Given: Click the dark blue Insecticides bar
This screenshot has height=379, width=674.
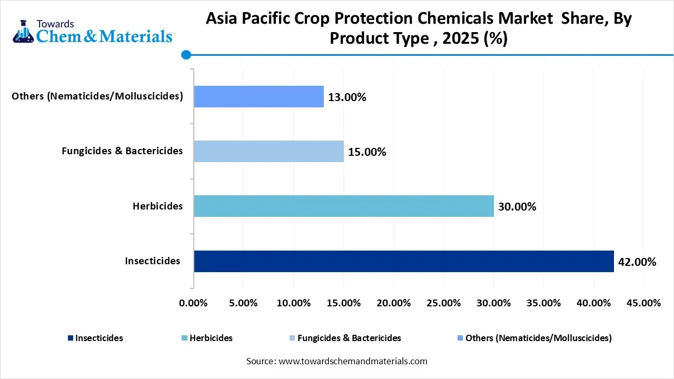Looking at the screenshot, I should point(403,261).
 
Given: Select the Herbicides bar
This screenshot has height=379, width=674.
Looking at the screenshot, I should point(343,206).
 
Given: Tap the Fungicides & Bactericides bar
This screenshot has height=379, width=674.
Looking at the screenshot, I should point(269,151).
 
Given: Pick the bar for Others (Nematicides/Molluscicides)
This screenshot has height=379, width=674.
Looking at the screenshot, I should point(259,96).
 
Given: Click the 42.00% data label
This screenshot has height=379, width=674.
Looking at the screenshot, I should point(637,262).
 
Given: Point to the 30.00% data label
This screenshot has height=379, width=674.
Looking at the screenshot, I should point(517,207).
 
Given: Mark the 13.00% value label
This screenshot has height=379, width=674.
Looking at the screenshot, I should point(347,97).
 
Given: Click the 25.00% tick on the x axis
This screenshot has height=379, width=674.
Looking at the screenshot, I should point(443,303).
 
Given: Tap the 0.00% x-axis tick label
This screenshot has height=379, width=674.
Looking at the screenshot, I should point(194,303).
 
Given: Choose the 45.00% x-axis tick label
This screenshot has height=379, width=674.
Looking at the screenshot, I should point(643,303).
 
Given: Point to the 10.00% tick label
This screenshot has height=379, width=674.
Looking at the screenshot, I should point(293,303).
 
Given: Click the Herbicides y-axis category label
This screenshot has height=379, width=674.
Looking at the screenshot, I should point(157,206).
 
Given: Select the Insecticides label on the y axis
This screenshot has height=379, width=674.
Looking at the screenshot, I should point(152,261).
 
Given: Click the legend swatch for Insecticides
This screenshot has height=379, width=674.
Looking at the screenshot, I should point(71,338).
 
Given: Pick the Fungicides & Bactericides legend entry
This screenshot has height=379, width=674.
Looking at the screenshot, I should point(349,338).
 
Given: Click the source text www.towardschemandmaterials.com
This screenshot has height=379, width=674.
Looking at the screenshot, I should point(352,361).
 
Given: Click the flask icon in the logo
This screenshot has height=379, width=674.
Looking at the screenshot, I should point(22,32).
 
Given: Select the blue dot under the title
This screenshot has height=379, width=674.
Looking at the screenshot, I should point(185,54).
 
